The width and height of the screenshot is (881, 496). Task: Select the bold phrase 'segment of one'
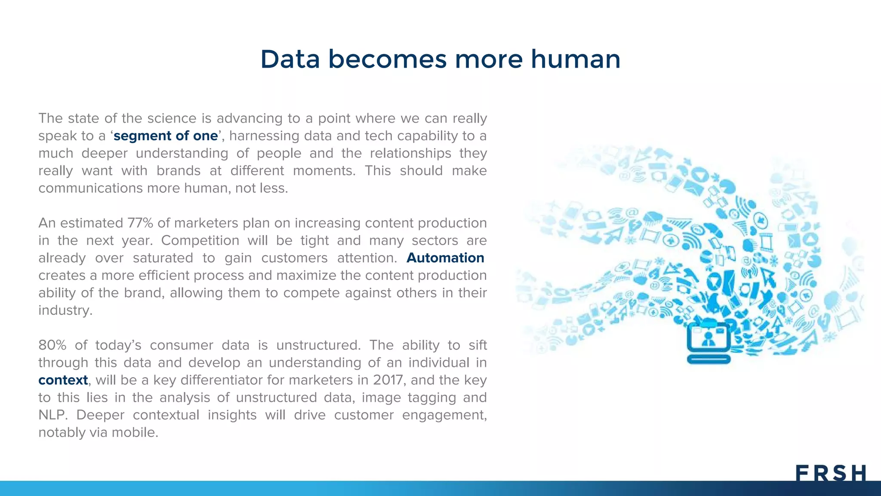point(166,136)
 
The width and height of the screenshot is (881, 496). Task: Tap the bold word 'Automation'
point(445,257)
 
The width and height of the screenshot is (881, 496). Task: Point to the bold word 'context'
point(63,380)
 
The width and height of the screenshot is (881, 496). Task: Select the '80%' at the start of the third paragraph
point(52,345)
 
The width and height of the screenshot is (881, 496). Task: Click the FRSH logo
point(830,473)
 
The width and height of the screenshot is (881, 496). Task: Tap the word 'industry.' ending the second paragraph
point(65,310)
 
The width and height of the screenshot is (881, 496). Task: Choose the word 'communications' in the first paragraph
point(90,188)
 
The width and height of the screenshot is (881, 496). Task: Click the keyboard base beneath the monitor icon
point(708,359)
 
